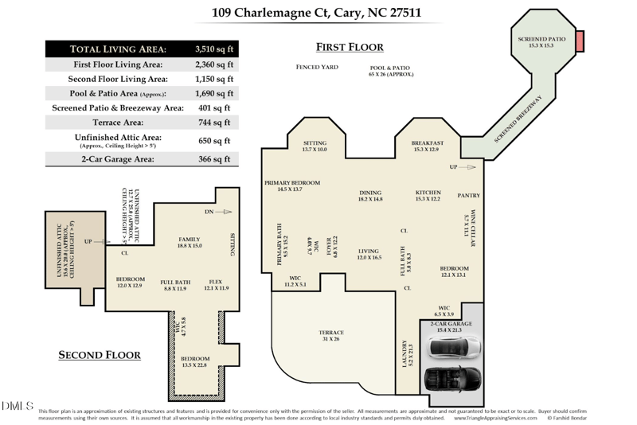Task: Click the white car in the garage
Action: click(452, 349)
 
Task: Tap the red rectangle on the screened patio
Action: click(579, 39)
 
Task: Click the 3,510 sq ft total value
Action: click(214, 49)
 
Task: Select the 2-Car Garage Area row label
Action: click(118, 159)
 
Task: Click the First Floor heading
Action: click(350, 47)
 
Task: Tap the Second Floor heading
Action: click(100, 355)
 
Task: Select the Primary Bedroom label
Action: click(292, 185)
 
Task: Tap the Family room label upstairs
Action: click(190, 243)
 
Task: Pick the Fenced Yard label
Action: click(317, 68)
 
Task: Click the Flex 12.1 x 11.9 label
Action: click(217, 285)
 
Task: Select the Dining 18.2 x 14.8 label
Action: click(370, 196)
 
